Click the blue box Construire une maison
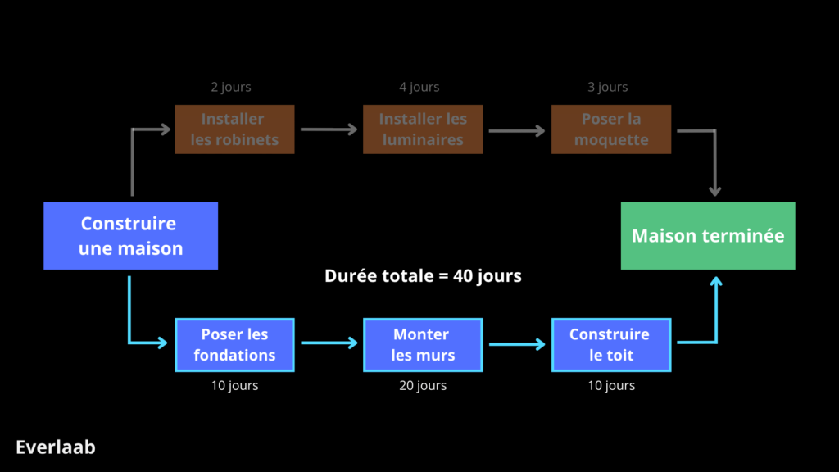(130, 236)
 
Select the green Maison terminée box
(708, 236)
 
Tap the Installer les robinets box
(234, 129)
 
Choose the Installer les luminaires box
(423, 129)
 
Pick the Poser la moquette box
(611, 129)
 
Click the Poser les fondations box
(234, 345)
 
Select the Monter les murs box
(423, 345)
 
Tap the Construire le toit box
(611, 345)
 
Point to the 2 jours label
(231, 87)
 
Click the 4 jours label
(419, 87)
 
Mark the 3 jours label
(608, 87)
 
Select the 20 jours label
(423, 385)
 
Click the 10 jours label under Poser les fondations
(234, 385)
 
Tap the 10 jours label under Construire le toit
(611, 385)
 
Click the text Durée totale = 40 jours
(423, 276)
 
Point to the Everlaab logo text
(56, 447)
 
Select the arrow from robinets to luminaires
(329, 129)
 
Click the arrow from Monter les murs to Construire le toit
(517, 345)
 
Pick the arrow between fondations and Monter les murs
(329, 343)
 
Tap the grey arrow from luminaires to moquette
(517, 130)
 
